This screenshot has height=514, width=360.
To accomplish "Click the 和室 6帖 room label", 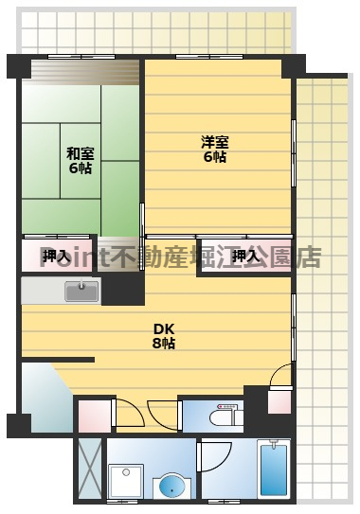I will click(x=79, y=158).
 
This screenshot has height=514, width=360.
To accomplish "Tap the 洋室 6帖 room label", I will click(x=213, y=150).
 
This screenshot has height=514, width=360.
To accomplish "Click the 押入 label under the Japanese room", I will click(x=55, y=256).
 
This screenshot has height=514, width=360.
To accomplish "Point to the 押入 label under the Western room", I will click(x=245, y=256).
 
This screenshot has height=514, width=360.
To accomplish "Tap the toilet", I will click(x=224, y=416).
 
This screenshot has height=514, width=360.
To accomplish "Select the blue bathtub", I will click(x=273, y=470).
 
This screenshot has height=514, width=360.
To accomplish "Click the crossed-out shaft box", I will click(x=89, y=470).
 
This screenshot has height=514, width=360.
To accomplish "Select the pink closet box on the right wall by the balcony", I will click(x=279, y=401).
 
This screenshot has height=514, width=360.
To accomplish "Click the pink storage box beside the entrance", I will click(x=95, y=415).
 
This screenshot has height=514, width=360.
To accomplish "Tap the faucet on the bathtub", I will click(x=274, y=445).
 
